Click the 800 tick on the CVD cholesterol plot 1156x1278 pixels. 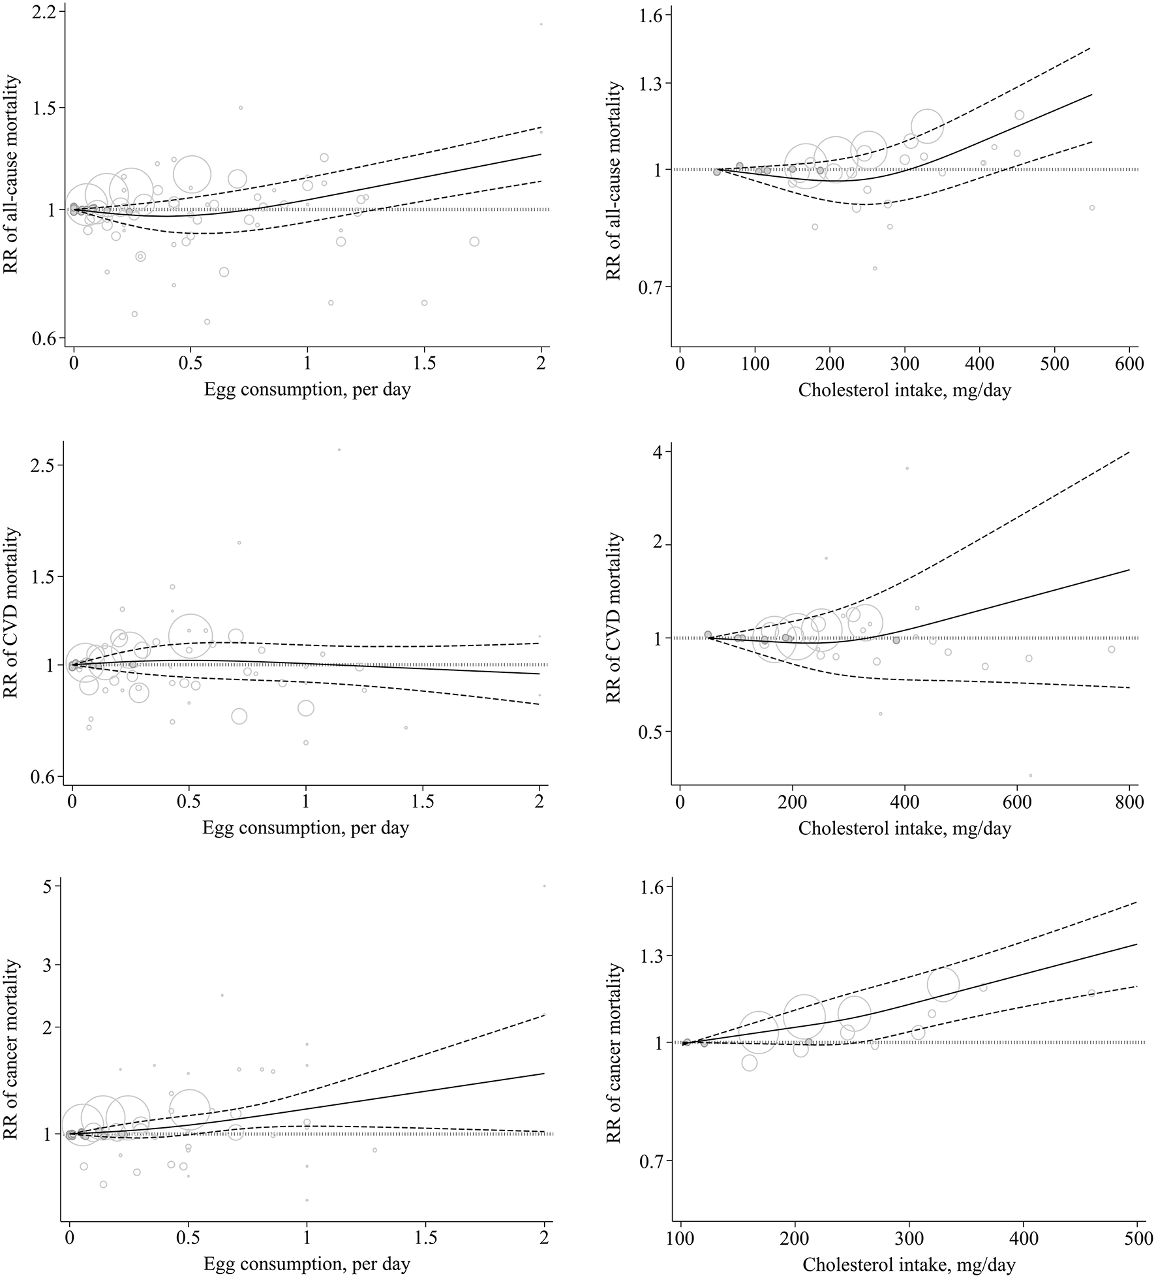point(1129,803)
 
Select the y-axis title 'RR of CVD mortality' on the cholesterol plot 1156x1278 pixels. point(614,618)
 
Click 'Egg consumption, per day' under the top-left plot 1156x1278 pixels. point(307,390)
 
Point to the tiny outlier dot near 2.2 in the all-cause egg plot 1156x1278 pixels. point(541,24)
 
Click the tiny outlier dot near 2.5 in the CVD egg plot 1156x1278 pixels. point(339,450)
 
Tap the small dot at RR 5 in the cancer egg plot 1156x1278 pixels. point(544,886)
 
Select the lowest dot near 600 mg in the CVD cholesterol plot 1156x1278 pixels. point(1031,775)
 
